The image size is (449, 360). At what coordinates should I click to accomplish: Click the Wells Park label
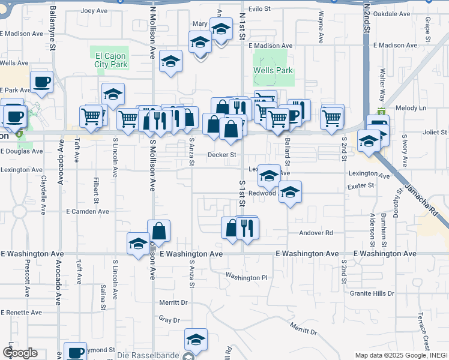(x=273, y=70)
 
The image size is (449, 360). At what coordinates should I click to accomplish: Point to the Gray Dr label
(x=169, y=320)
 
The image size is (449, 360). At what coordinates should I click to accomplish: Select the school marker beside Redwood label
(x=290, y=192)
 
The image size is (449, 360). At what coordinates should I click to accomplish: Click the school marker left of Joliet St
(x=369, y=142)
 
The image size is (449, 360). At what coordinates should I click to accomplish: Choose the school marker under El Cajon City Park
(x=112, y=94)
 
